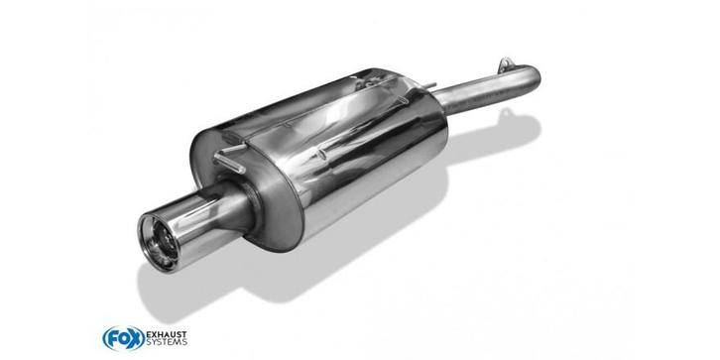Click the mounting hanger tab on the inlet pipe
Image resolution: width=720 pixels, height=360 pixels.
point(506,63)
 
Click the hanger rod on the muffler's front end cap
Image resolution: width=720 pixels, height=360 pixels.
point(230,158)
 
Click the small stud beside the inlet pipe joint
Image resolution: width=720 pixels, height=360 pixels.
point(430,85)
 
